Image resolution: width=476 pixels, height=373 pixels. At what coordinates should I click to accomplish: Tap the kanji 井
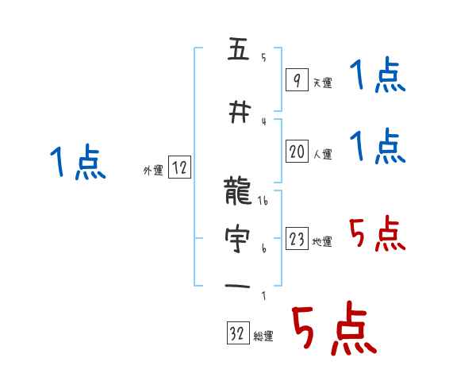coord(238,113)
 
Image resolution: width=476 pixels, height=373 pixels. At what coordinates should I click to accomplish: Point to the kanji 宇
coord(238,240)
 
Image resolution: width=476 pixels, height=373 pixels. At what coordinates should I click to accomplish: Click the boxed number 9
coord(296,80)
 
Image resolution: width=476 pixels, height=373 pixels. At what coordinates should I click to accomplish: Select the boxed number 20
coord(297,152)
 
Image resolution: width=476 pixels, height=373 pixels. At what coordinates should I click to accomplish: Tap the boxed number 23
coord(297,240)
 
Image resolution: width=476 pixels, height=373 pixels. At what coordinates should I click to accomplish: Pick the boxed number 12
coord(179,167)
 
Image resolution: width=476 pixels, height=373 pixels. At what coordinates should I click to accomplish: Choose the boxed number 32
coord(238,334)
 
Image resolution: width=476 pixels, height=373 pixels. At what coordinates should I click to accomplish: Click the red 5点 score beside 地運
coord(377,234)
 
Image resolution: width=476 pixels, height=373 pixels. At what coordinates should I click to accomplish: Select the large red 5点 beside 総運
coord(332,330)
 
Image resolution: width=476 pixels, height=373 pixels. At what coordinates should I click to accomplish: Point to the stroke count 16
coord(263,202)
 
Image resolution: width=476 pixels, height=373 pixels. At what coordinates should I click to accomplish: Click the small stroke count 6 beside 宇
coord(263,249)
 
